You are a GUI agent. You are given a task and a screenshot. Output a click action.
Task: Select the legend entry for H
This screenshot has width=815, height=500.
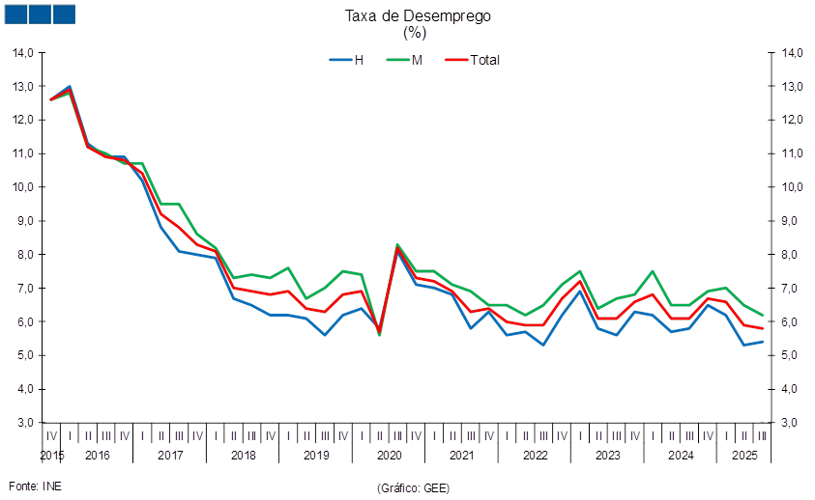tap(347, 60)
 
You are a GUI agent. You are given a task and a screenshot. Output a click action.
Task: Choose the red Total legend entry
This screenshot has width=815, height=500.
tap(473, 60)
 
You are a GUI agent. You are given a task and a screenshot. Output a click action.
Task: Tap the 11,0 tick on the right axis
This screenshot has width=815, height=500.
tap(792, 153)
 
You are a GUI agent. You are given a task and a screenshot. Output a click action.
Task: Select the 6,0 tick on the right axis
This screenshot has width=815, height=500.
tap(792, 322)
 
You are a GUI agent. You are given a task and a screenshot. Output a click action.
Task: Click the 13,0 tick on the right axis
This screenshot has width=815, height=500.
tap(792, 86)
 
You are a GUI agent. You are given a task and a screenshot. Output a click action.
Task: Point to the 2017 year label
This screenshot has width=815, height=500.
tap(171, 455)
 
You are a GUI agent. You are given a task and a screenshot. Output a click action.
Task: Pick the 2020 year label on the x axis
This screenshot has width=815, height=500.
tap(389, 455)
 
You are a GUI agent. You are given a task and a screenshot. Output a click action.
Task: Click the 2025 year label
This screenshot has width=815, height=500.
tap(743, 455)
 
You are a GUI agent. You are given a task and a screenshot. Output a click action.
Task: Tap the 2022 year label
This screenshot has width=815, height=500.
tap(535, 455)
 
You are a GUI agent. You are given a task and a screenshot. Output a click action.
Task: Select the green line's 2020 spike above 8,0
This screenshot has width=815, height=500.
tap(397, 245)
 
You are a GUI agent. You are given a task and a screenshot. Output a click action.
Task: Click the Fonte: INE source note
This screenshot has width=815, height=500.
tap(35, 486)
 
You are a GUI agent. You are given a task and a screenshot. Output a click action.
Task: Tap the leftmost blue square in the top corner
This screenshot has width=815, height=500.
tap(16, 14)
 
